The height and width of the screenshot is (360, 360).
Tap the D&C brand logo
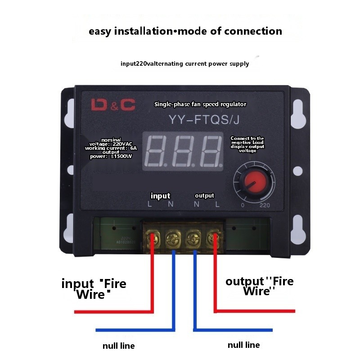[x=113, y=105]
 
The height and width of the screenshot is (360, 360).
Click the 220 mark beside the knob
[x=265, y=205]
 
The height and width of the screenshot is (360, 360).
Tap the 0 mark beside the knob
[x=243, y=205]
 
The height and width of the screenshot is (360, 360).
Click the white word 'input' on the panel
[x=161, y=196]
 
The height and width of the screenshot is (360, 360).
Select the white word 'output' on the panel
[x=204, y=196]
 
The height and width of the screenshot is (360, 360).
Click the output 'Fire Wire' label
[x=259, y=286]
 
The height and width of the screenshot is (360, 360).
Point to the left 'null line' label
[x=118, y=346]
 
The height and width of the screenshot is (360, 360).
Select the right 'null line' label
[x=243, y=345]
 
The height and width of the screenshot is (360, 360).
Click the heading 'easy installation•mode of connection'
[x=185, y=31]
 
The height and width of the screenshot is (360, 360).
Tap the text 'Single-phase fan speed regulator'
[x=200, y=104]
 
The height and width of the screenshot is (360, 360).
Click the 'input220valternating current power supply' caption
[x=184, y=63]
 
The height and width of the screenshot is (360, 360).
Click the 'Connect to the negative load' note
[x=247, y=144]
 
